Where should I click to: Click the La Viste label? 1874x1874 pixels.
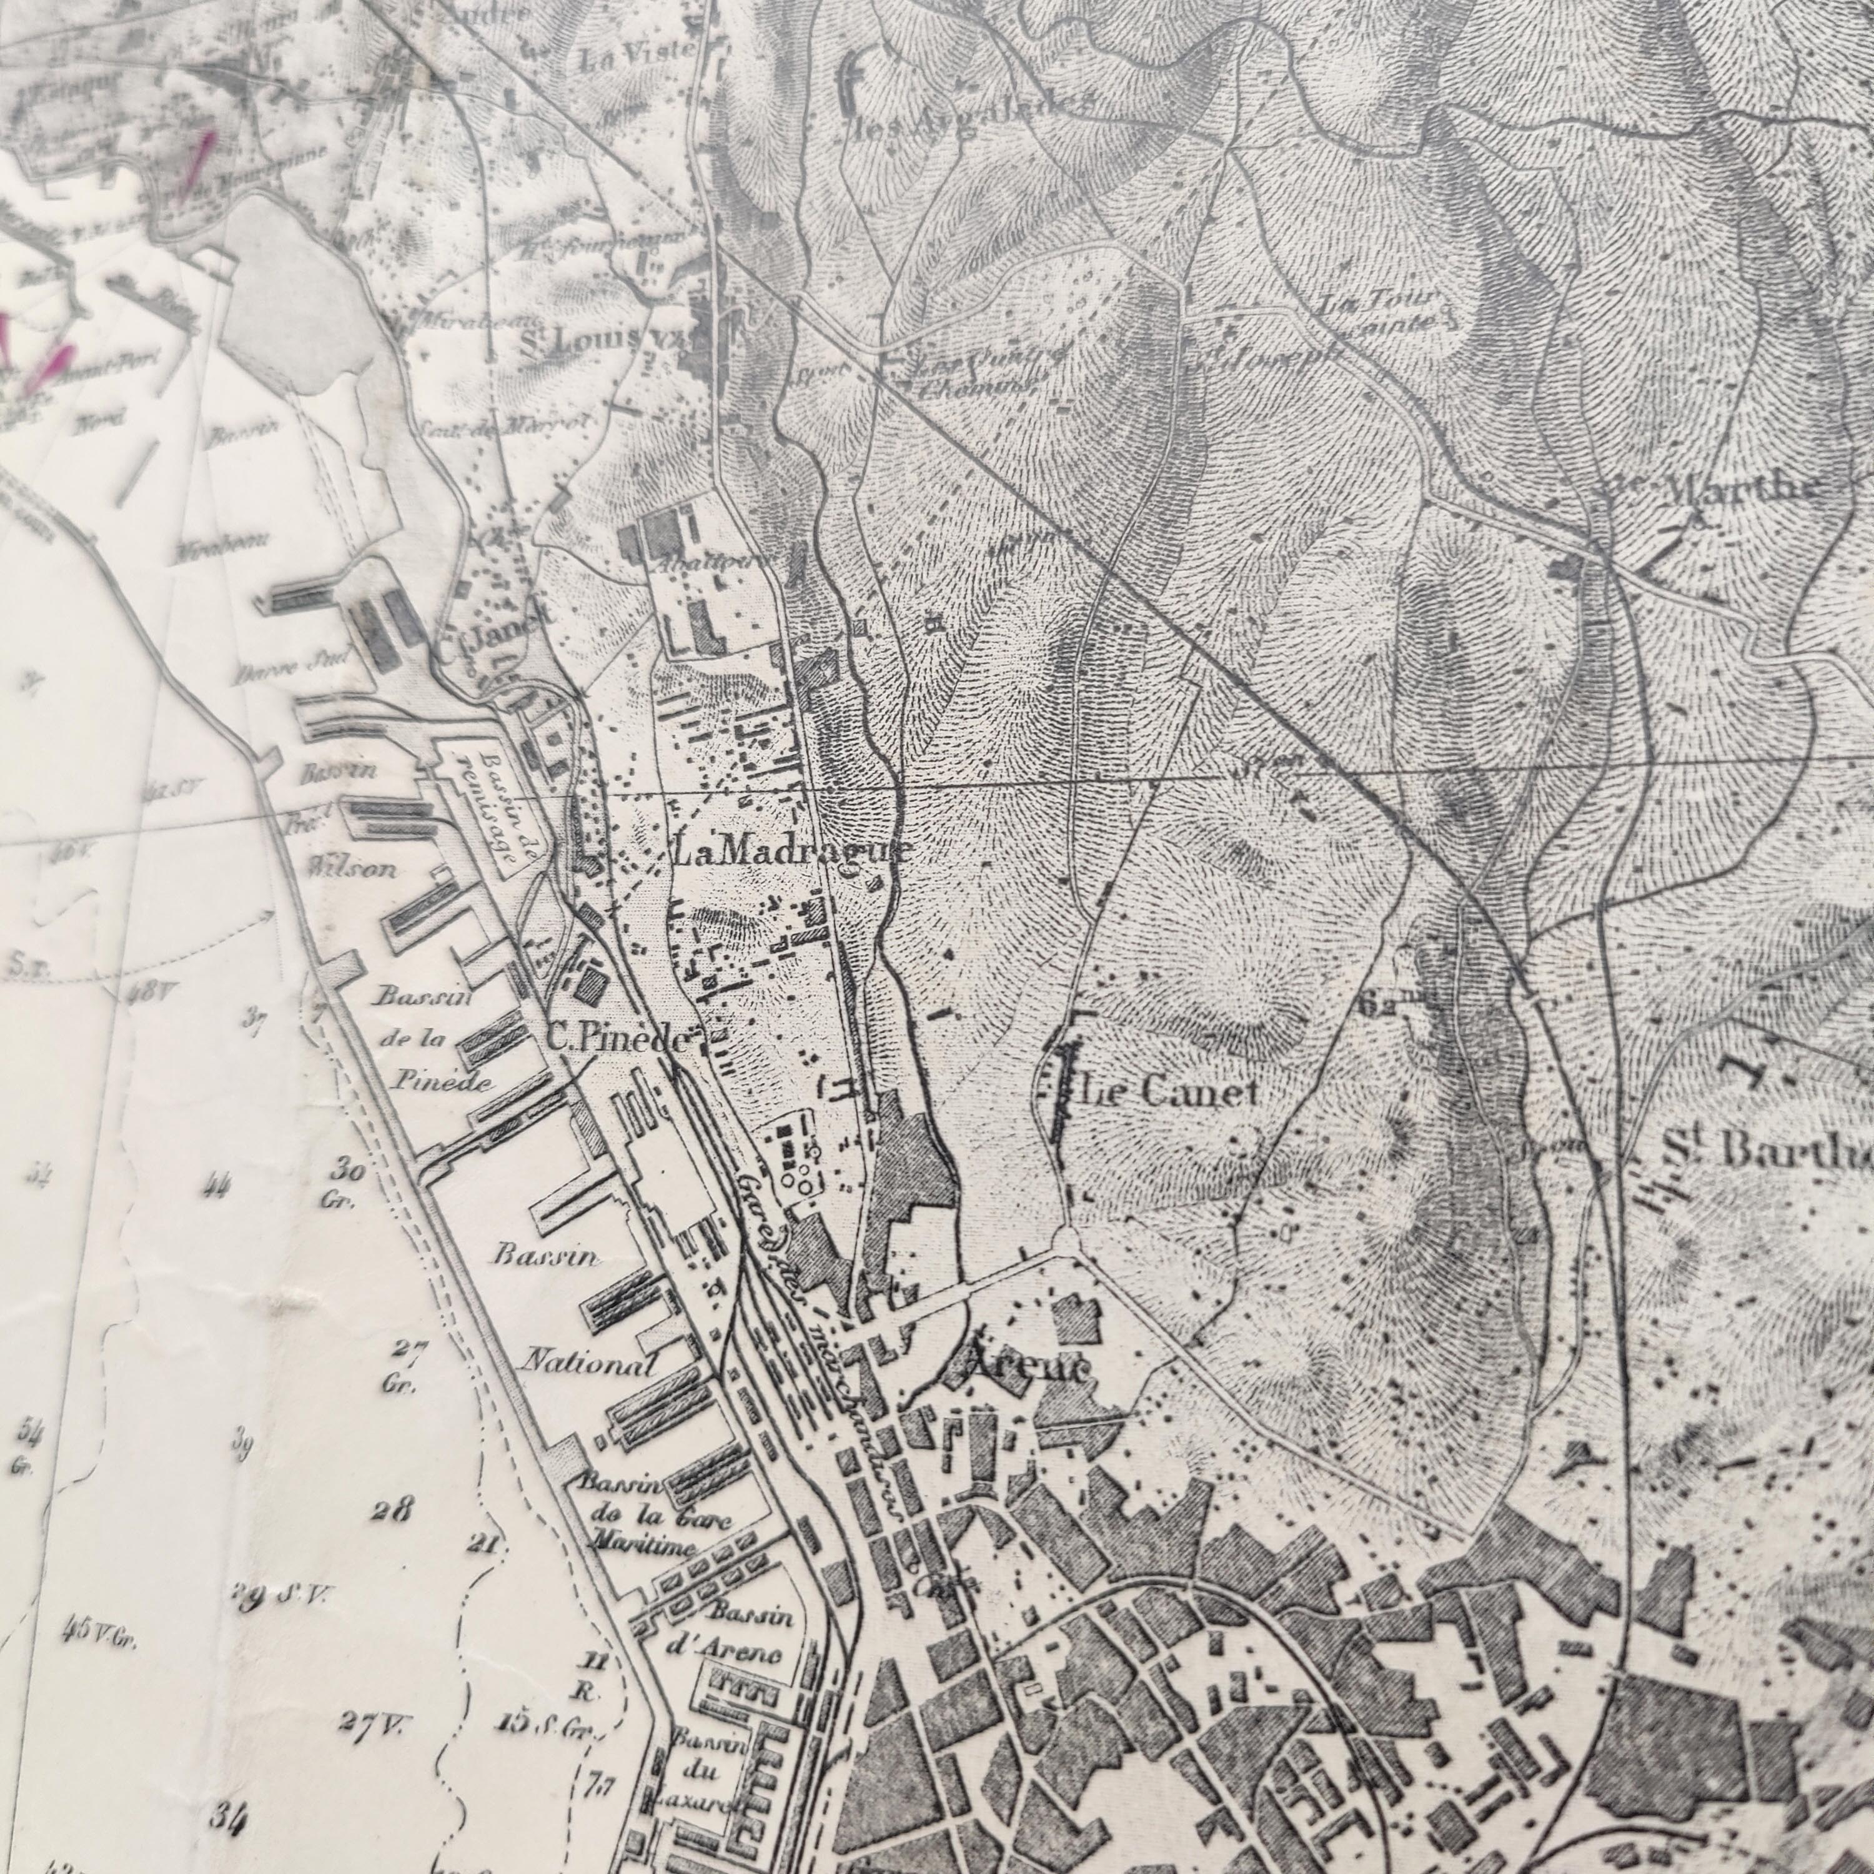[637, 58]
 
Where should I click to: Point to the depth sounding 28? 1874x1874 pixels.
[392, 1510]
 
